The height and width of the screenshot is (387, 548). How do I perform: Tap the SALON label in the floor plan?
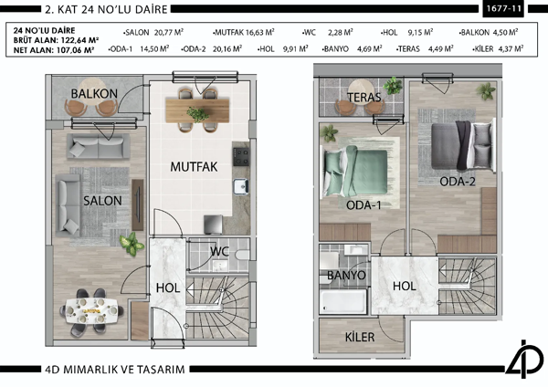[96, 199]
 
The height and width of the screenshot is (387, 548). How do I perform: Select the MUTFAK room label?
[193, 167]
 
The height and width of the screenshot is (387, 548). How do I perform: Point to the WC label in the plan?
[219, 251]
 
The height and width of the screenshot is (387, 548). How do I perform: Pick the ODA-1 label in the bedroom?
[364, 204]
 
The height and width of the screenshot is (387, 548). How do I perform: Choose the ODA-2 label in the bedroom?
[457, 181]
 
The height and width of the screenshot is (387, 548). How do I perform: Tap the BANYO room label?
[346, 275]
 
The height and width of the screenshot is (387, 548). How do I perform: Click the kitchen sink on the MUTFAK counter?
[240, 187]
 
